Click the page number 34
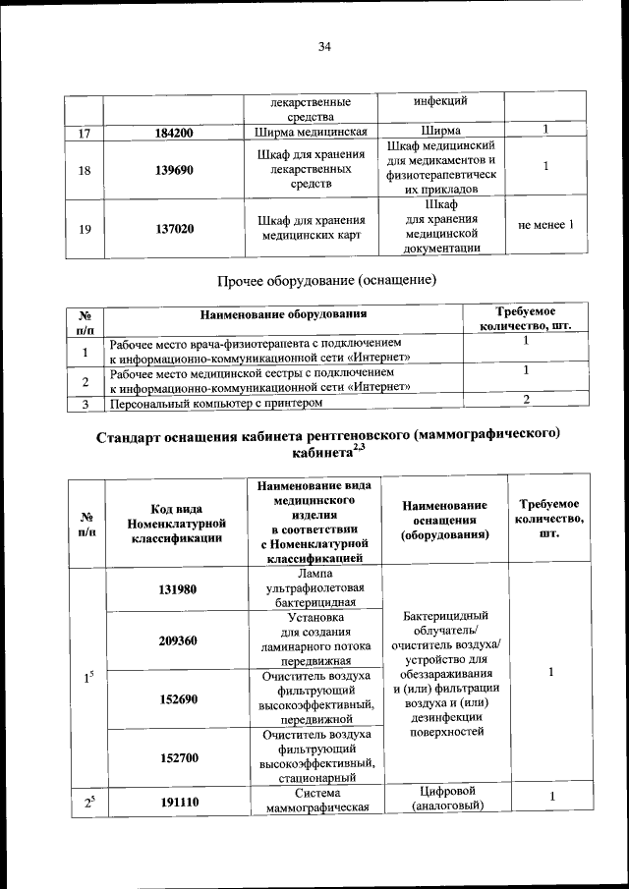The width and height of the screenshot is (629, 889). point(324,45)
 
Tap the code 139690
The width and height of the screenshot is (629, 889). point(173,169)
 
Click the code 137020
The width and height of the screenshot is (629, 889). point(173,228)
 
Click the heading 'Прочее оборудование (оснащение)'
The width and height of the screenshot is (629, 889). point(325,282)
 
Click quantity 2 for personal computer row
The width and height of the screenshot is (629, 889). point(527,399)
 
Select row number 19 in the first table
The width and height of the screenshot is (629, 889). point(85,228)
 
